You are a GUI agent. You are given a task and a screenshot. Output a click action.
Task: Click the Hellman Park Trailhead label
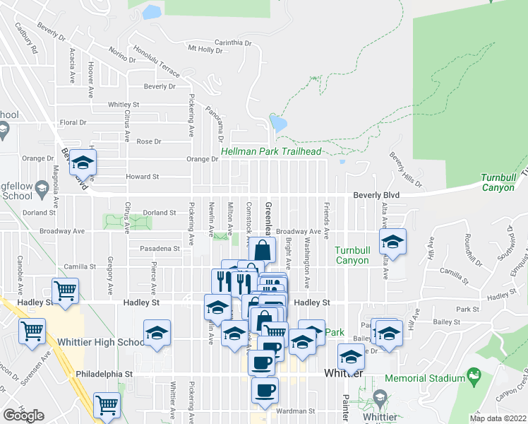(x=271, y=151)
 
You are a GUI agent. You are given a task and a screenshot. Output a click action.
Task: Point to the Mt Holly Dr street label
(x=205, y=49)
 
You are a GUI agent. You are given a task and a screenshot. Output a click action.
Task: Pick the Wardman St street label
(x=296, y=411)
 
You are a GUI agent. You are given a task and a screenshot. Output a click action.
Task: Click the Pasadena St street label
(x=158, y=249)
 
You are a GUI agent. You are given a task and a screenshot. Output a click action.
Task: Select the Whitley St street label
(x=124, y=105)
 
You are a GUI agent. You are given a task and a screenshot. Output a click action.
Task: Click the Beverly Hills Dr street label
(x=405, y=170)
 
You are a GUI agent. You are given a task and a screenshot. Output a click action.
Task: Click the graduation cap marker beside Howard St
(x=83, y=164)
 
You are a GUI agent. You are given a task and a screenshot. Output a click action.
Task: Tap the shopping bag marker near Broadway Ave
(x=262, y=249)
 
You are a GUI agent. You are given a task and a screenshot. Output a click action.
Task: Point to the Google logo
(x=23, y=416)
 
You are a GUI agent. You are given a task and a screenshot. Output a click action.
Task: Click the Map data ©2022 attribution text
(x=498, y=418)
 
